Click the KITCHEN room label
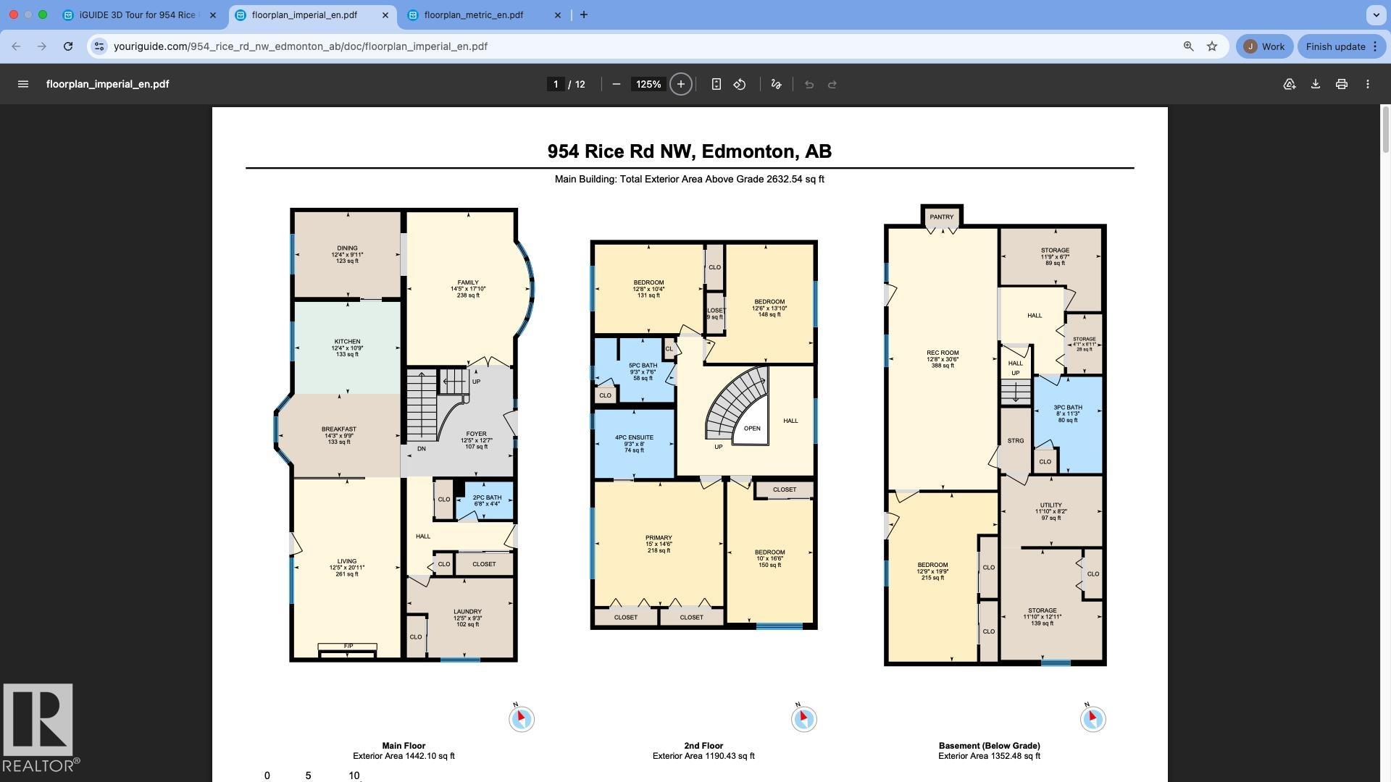tap(347, 342)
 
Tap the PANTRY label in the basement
tap(941, 217)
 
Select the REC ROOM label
tap(942, 353)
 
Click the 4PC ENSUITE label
tap(634, 438)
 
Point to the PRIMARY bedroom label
tap(658, 539)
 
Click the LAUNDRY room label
tap(467, 612)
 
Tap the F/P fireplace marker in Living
tap(348, 646)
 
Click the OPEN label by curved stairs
tap(751, 429)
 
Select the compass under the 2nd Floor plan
tap(803, 718)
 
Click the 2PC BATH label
tap(487, 498)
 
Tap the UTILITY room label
tap(1050, 505)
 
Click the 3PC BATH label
tap(1067, 408)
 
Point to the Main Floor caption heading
tap(404, 746)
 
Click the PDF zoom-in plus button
tap(680, 84)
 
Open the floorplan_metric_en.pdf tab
tap(473, 14)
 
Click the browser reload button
tap(67, 46)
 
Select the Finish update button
tap(1335, 46)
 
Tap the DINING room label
tap(347, 248)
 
